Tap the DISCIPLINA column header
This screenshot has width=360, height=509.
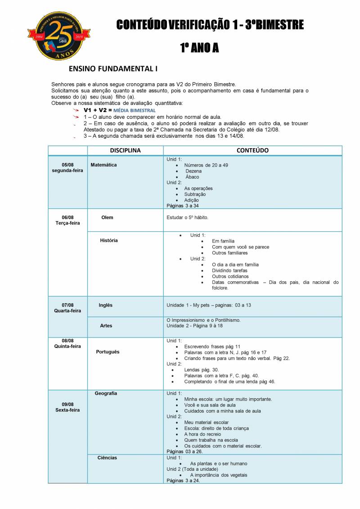125,150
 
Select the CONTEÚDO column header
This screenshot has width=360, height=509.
252,150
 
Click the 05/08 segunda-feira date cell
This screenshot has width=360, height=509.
67,167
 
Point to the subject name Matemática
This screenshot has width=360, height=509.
103,165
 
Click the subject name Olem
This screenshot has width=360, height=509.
107,217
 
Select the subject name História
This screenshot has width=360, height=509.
109,240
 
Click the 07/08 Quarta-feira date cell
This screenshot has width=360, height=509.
67,308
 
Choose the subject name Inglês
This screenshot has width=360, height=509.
106,305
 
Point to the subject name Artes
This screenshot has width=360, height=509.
106,325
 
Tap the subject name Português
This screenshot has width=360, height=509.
108,351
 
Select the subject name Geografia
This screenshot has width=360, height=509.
106,393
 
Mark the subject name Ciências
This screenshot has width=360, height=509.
107,458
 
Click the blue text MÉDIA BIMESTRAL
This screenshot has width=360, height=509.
135,110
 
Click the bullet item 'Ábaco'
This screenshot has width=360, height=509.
192,177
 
